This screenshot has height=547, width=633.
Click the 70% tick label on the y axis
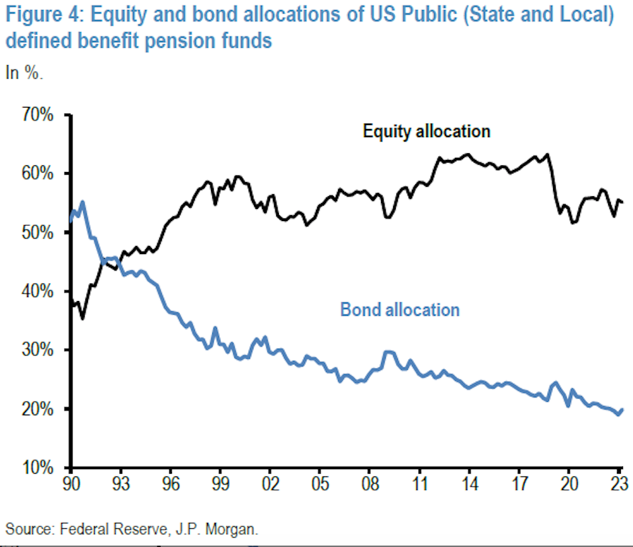point(34,115)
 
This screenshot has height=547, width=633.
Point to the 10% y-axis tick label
point(34,468)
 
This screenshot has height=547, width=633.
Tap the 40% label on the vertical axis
point(34,292)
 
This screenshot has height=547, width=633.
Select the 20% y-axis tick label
point(34,409)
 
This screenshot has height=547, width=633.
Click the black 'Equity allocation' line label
point(426,131)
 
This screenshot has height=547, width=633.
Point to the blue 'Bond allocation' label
point(400,310)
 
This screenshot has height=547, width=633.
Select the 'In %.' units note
point(24,73)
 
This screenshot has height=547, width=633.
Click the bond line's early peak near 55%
point(82,202)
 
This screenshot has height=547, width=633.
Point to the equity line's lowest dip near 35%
point(82,318)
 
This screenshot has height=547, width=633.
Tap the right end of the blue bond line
point(623,409)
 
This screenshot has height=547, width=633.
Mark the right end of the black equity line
point(623,202)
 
